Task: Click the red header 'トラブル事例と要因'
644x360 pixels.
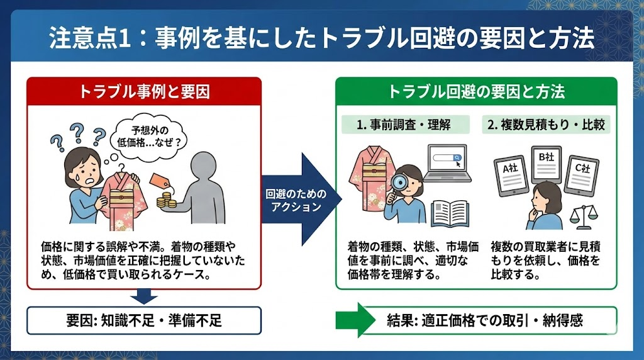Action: pyautogui.click(x=144, y=91)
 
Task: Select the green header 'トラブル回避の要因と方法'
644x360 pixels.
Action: pyautogui.click(x=476, y=91)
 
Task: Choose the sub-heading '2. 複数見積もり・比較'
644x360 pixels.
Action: pyautogui.click(x=546, y=124)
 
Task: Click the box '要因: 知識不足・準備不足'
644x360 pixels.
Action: pyautogui.click(x=144, y=320)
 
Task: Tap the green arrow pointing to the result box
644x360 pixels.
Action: pyautogui.click(x=357, y=320)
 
